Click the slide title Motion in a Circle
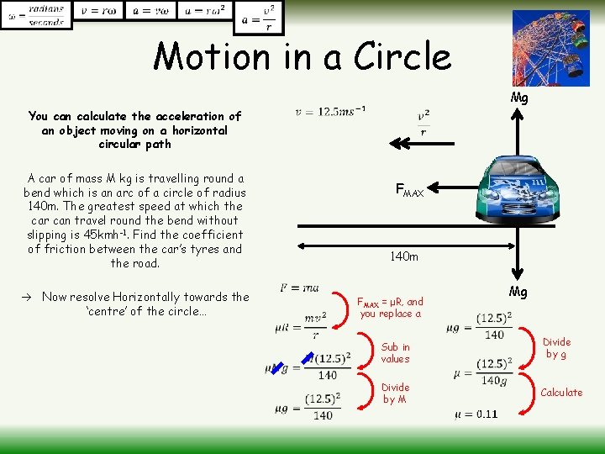point(302,57)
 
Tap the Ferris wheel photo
point(550,47)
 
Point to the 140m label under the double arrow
point(403,256)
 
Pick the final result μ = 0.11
point(476,414)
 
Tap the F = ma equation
point(299,288)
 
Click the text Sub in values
point(395,353)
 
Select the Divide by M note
point(395,393)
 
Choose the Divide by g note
point(556,348)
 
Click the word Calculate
point(561,393)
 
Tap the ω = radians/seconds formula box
point(35,14)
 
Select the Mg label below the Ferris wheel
point(520,98)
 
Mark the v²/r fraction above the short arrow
point(423,124)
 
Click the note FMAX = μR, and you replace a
point(391,308)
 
